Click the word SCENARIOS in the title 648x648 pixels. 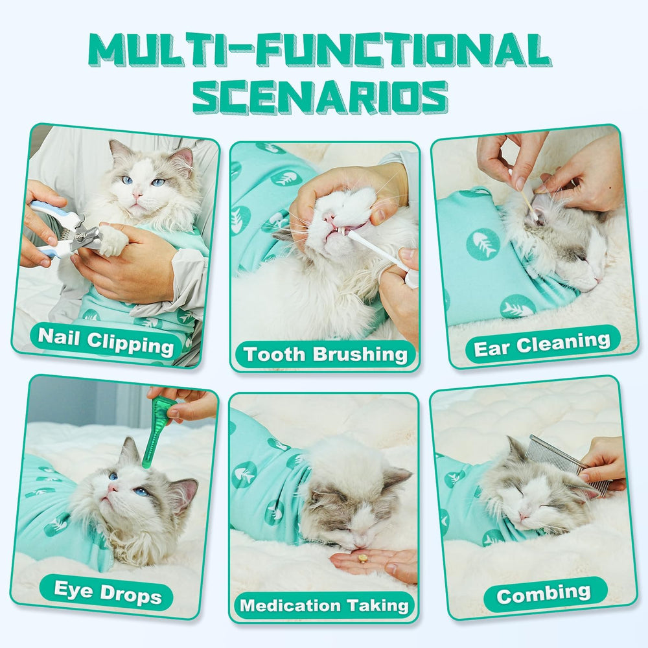(x=320, y=97)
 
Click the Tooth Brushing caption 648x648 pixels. (x=325, y=354)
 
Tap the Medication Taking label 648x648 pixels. (x=325, y=606)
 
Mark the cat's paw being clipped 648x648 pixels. (x=114, y=241)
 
